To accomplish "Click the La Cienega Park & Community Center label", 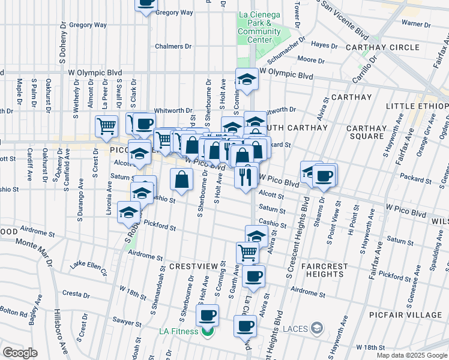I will (x=259, y=27).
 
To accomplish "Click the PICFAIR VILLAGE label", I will (x=414, y=314).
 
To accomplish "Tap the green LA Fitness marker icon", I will (x=208, y=331).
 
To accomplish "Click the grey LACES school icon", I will (x=318, y=328).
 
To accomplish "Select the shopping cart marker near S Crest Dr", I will (x=106, y=127).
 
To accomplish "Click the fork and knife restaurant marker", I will (x=247, y=176).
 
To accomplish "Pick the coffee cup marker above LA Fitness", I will (x=208, y=314).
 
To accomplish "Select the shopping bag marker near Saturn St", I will (x=182, y=178).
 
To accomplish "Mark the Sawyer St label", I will (x=130, y=322).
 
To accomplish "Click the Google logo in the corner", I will (x=20, y=353).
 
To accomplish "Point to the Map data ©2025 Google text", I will (x=412, y=355).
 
